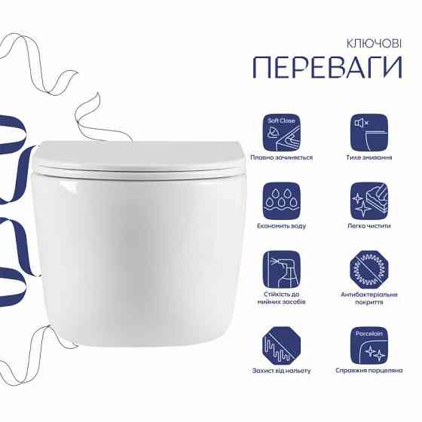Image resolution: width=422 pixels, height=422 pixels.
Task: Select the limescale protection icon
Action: pos(282,344)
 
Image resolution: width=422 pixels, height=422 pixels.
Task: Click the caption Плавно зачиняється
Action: pos(282,158)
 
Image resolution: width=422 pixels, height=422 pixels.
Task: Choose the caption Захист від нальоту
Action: pos(282,371)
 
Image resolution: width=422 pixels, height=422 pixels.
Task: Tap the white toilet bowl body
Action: pos(139,256)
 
